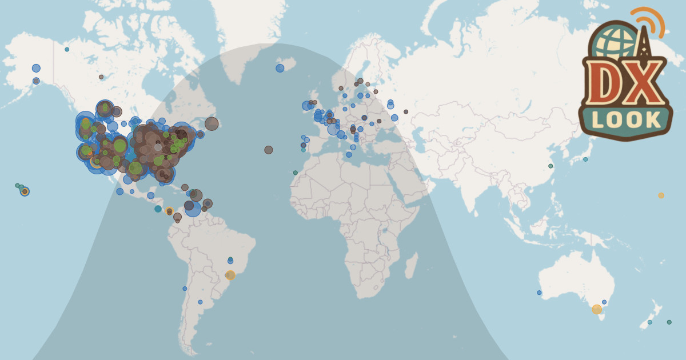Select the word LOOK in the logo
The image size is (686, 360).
click(x=625, y=119)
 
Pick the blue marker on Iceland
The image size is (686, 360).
click(x=280, y=68)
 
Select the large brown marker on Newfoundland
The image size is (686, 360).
click(x=212, y=123)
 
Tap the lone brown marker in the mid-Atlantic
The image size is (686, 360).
click(x=269, y=150)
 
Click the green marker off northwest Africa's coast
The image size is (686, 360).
click(x=296, y=173)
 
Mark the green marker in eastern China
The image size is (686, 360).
click(x=551, y=166)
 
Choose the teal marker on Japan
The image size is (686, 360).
click(x=585, y=159)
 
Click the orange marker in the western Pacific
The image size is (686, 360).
click(x=661, y=195)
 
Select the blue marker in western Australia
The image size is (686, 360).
click(x=539, y=293)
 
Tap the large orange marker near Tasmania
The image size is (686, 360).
click(x=597, y=309)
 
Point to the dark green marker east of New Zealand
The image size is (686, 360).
click(x=669, y=322)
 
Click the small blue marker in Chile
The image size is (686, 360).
click(x=185, y=289)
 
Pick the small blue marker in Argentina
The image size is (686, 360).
click(x=200, y=302)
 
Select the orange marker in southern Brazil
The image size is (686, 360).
click(x=230, y=275)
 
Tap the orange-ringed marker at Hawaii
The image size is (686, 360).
click(x=25, y=191)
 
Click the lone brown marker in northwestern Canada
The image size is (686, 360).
click(x=101, y=77)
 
